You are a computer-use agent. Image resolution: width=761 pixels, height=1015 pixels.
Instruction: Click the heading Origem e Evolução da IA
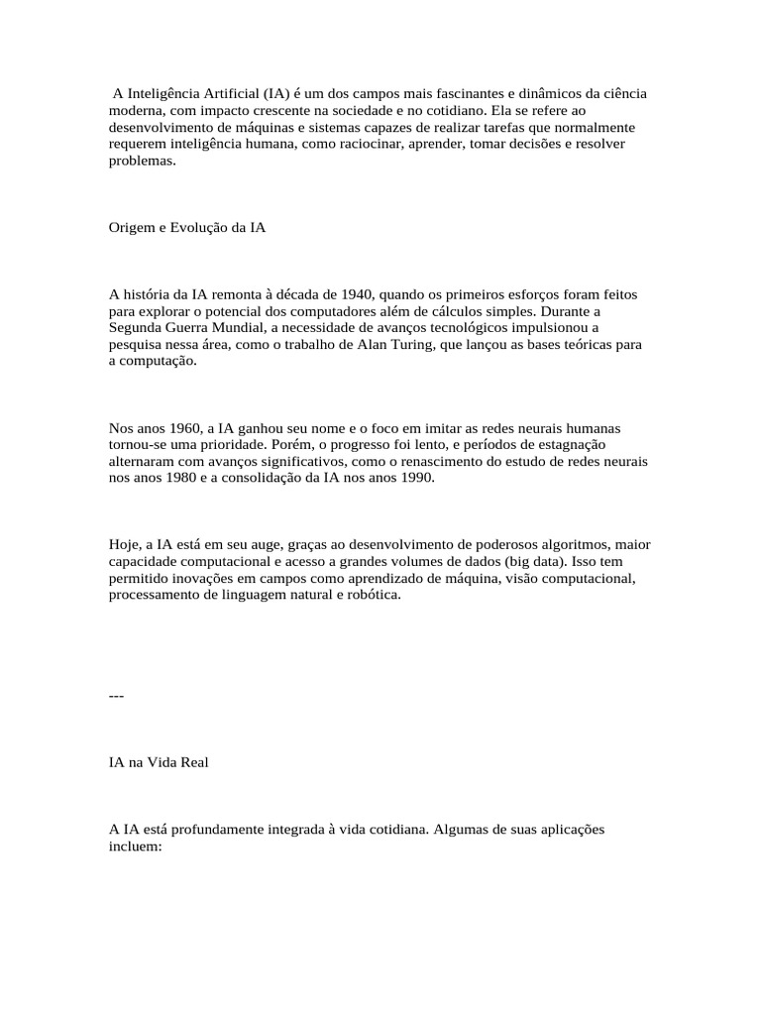[x=187, y=227]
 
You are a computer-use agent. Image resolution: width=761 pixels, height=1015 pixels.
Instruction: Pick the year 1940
[x=356, y=294]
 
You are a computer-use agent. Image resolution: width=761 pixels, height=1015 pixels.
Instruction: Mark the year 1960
[x=183, y=428]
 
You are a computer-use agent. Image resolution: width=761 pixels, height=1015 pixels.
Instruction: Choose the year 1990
[x=415, y=479]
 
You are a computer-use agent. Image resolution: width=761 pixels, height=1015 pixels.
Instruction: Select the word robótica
[x=370, y=596]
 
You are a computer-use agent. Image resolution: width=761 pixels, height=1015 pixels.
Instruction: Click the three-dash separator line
[x=116, y=695]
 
